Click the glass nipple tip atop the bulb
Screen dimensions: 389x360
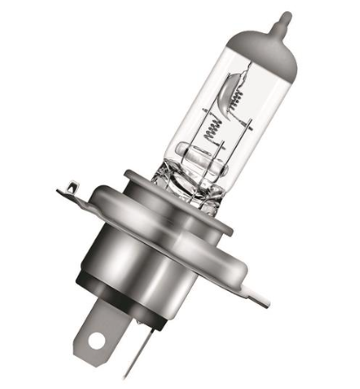pyautogui.click(x=282, y=17)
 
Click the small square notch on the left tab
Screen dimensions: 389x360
pyautogui.click(x=71, y=183)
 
